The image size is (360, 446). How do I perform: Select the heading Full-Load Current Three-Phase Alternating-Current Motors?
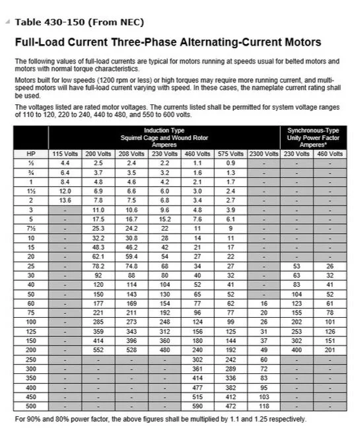click(x=168, y=42)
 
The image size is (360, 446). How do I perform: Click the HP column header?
click(x=30, y=153)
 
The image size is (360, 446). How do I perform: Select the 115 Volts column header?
click(x=65, y=153)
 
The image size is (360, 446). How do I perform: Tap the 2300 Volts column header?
click(x=264, y=153)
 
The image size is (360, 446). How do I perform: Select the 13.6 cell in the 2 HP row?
click(x=65, y=199)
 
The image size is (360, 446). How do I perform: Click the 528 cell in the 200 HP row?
click(x=131, y=349)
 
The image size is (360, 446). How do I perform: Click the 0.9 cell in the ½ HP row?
click(x=231, y=162)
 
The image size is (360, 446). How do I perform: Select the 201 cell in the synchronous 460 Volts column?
click(x=330, y=349)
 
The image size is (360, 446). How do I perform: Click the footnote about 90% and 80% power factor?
click(x=161, y=419)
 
